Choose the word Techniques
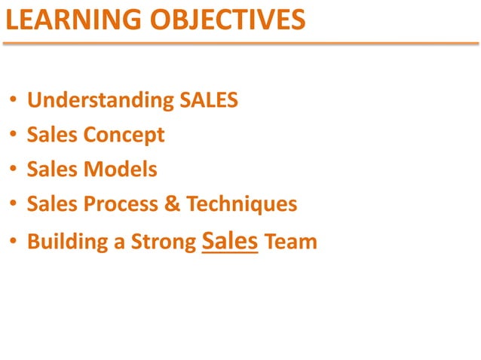click(241, 204)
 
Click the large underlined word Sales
click(231, 241)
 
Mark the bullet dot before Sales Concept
click(14, 136)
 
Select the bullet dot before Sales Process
click(14, 205)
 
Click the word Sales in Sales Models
click(52, 169)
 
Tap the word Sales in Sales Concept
click(52, 136)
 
